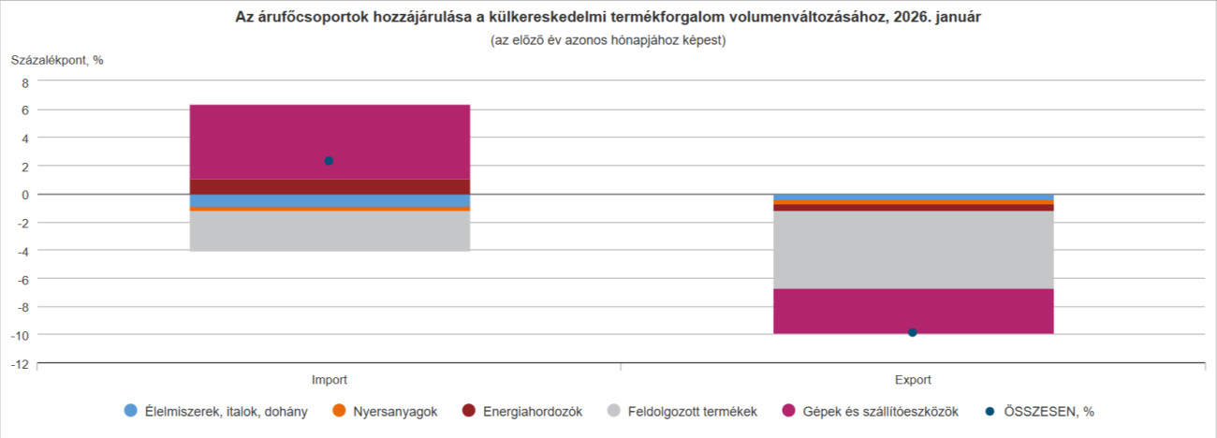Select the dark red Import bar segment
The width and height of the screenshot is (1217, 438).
pos(330,186)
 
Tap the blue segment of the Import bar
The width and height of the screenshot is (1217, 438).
pos(330,200)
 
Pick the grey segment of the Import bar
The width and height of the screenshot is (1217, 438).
pos(330,231)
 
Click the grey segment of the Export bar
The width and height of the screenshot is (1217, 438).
pos(913,250)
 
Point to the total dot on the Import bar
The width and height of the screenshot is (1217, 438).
pos(329,161)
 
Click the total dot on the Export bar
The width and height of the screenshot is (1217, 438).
pos(913,332)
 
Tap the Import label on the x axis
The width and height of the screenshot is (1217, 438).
pos(330,381)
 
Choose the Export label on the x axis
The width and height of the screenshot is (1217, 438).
pos(913,381)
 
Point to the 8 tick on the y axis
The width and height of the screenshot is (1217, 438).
pos(25,82)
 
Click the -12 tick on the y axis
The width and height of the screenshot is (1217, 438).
pos(20,363)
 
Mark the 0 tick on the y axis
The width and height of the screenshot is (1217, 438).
pos(25,195)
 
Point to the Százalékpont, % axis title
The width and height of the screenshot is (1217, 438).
pos(57,61)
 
